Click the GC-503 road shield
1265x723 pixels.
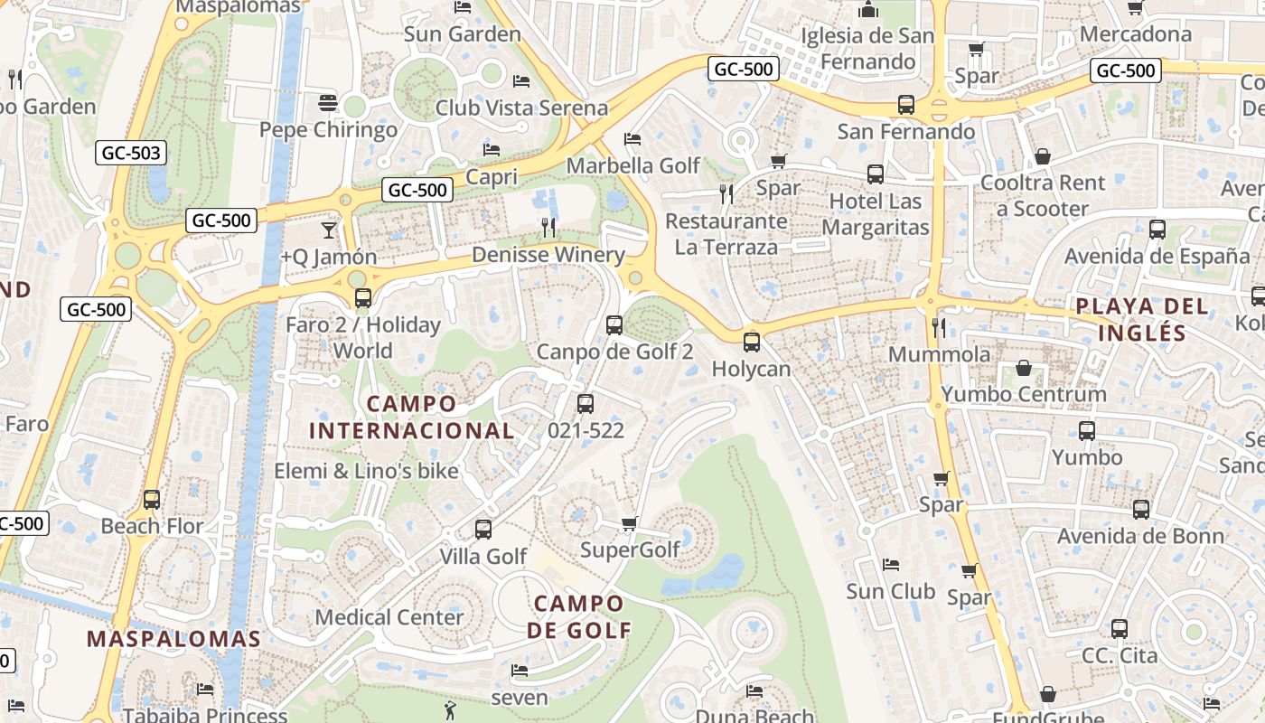132,153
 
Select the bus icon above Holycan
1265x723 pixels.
751,343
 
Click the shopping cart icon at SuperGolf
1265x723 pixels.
630,524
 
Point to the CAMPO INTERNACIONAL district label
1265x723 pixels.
411,417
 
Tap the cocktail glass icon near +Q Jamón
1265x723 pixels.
328,230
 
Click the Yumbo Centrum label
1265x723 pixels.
1024,394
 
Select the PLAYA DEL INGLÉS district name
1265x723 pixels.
1142,319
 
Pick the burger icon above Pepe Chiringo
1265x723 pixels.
328,103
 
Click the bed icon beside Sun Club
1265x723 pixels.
890,565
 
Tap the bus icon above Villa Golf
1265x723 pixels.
483,530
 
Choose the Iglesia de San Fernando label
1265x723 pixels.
867,48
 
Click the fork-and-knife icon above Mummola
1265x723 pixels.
939,327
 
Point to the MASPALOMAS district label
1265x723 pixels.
173,639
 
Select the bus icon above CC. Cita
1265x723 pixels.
1120,629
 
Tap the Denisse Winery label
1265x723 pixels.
548,255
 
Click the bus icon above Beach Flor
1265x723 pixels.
152,500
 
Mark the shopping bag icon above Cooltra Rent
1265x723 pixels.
1043,156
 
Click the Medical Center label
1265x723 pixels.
389,617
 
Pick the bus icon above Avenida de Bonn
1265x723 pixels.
1141,510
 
